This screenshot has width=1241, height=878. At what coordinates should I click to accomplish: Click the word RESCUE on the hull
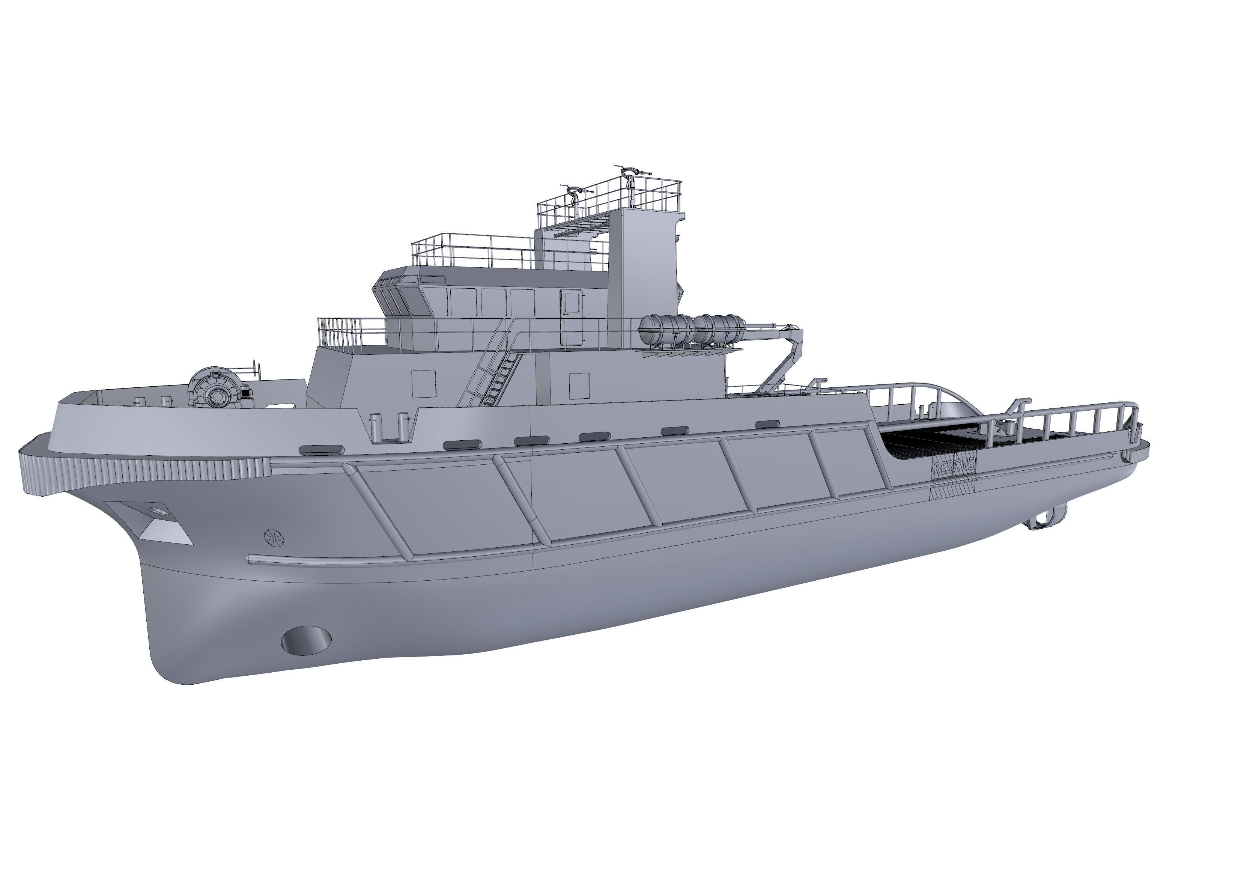tap(954, 466)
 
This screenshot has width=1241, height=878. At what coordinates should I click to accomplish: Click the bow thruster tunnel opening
tap(306, 640)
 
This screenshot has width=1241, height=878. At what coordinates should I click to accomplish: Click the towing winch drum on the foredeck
tap(216, 389)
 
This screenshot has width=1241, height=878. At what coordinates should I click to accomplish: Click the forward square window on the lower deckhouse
tap(424, 383)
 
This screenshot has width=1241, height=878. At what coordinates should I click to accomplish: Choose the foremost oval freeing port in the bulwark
tap(321, 449)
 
